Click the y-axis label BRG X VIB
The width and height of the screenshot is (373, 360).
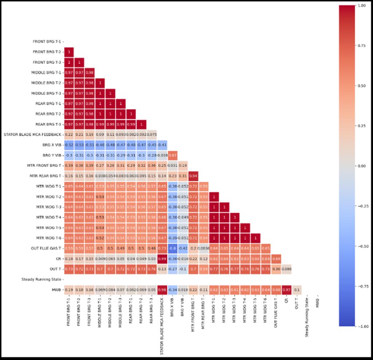pyautogui.click(x=51, y=145)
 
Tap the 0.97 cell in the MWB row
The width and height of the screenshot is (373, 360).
pyautogui.click(x=286, y=290)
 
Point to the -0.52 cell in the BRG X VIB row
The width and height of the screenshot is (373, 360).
pyautogui.click(x=69, y=145)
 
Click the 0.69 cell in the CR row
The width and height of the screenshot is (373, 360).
pyautogui.click(x=276, y=259)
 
